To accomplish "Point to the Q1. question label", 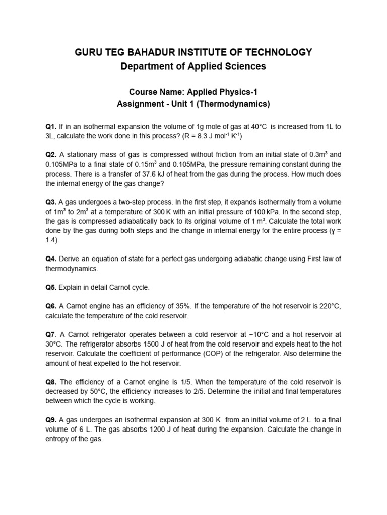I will point(51,126).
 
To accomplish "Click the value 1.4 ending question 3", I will point(52,240).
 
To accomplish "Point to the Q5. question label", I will point(51,287).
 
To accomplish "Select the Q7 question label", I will point(50,334).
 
